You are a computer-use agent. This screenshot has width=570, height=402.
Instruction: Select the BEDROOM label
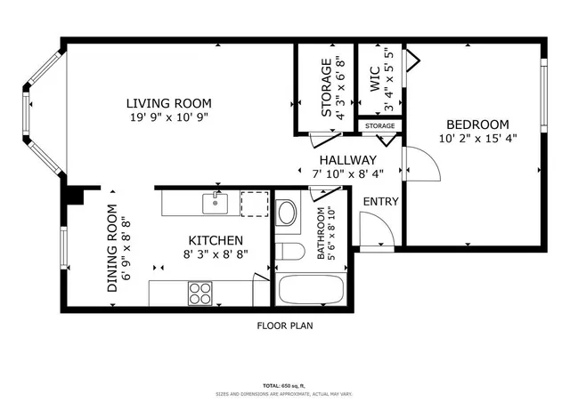477,125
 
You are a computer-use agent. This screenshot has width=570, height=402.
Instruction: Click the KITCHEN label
216,241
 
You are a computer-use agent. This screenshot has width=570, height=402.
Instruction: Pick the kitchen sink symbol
215,204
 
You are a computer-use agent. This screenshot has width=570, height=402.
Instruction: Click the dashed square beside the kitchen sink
255,203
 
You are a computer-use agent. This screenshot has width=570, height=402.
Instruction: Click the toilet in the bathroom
287,250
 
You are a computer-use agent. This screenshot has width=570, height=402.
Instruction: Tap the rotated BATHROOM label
326,233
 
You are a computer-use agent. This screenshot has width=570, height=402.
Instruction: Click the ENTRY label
380,202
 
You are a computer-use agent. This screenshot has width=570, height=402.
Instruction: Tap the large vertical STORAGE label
327,89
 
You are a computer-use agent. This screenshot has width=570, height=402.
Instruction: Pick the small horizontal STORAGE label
379,126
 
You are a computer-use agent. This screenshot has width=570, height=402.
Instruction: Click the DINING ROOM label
112,249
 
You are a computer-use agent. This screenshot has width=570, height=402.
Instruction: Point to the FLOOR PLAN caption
285,326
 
